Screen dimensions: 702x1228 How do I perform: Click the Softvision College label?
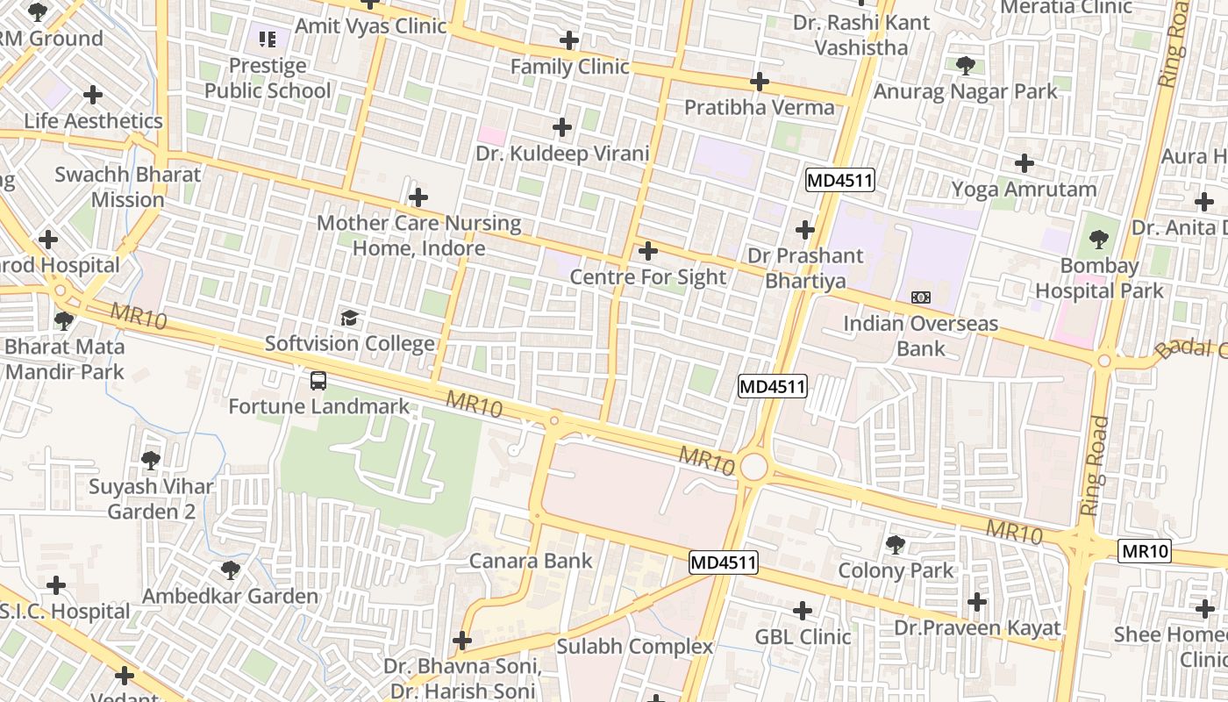pos(349,344)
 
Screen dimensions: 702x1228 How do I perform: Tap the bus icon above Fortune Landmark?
pos(318,381)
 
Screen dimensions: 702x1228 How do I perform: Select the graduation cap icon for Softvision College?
pos(349,318)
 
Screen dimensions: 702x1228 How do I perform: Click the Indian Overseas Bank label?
pos(920,335)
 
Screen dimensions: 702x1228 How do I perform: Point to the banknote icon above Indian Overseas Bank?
pos(920,297)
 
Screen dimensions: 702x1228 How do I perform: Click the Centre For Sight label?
pos(647,277)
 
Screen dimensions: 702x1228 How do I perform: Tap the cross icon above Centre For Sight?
pos(647,252)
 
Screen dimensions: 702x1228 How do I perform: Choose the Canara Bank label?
pos(531,561)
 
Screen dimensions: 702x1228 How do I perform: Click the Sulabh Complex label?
pos(635,647)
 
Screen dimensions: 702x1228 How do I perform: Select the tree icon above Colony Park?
pos(895,545)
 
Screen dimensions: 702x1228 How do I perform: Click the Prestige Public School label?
pos(268,78)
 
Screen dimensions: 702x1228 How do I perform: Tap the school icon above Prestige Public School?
pos(268,39)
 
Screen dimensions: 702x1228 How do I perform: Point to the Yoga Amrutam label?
pos(1024,190)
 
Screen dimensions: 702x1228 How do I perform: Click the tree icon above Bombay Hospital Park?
pos(1098,239)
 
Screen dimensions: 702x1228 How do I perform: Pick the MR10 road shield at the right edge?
pos(1146,551)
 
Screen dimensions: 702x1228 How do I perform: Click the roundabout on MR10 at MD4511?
pos(753,467)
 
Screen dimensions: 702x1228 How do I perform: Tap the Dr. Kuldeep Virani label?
pos(562,154)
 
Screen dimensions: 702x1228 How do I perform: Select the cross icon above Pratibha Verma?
pos(760,82)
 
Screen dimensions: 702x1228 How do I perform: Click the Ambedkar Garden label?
pos(230,597)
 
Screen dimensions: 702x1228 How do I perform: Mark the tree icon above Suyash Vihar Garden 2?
pos(151,459)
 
